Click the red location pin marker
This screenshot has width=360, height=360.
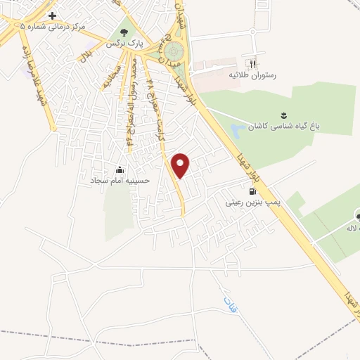tap(181, 165)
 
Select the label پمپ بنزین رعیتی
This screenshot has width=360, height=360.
tap(252, 202)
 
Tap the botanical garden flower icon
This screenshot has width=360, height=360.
tap(283, 115)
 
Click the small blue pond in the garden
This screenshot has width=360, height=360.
tap(238, 131)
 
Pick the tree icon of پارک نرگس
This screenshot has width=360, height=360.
tap(125, 32)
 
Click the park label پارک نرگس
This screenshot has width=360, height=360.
tap(124, 44)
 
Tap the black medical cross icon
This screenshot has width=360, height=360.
tap(52, 15)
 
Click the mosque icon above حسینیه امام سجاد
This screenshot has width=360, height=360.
tap(120, 169)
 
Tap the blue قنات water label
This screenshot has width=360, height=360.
tap(230, 304)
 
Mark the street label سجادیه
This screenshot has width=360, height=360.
tap(111, 77)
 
